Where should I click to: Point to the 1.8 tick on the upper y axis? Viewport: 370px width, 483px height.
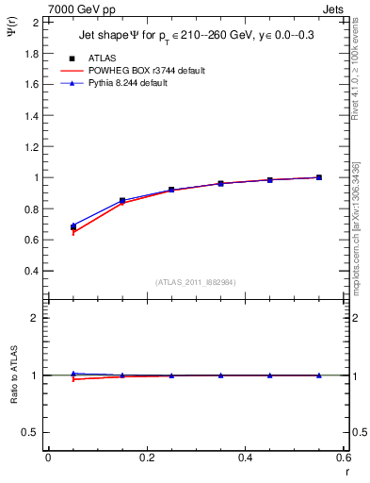(x=32, y=53)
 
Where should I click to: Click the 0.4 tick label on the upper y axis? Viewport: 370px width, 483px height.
(x=32, y=271)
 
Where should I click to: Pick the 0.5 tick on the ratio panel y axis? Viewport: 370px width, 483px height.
(x=32, y=432)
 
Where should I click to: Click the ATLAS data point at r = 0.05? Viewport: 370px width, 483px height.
(x=73, y=227)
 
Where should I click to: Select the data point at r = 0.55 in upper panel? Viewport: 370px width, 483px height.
(x=319, y=177)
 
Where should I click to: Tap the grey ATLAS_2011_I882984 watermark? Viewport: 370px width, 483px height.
(x=196, y=281)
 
